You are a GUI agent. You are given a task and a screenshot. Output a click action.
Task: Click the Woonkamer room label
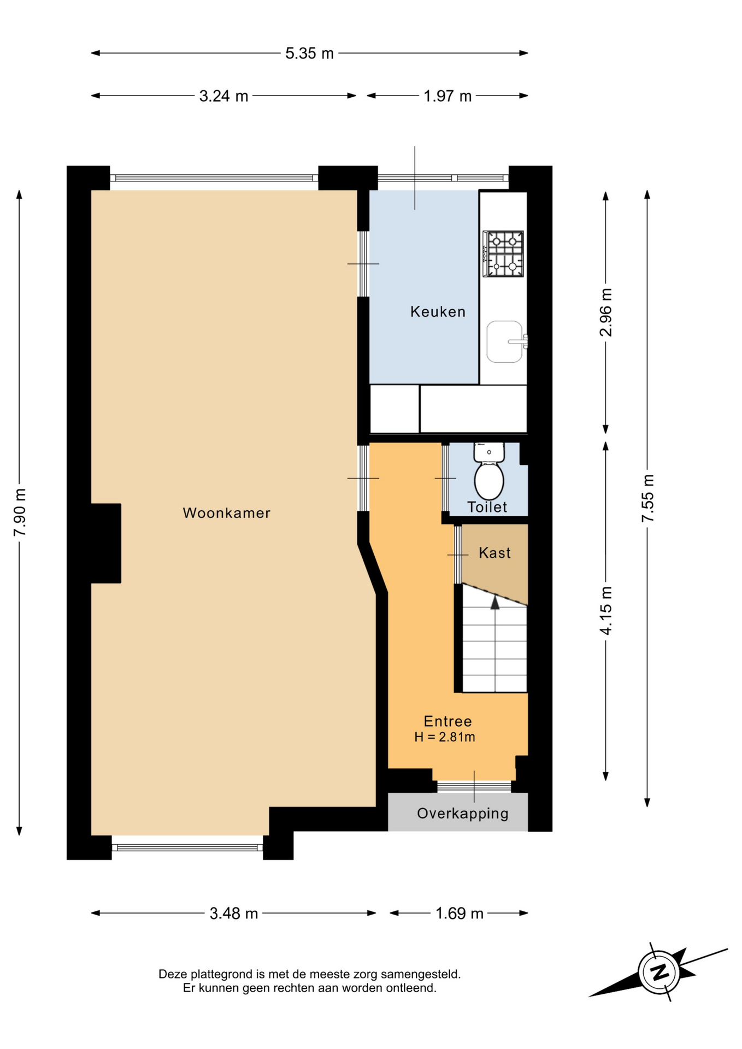(x=226, y=513)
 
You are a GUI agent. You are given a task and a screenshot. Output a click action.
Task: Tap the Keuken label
(x=438, y=311)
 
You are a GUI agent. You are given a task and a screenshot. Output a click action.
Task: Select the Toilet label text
(x=487, y=507)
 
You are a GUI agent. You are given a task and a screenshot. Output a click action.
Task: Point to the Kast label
(x=494, y=553)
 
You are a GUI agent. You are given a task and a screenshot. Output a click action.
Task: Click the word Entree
(x=447, y=721)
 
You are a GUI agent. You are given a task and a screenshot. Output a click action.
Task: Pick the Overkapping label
(x=463, y=814)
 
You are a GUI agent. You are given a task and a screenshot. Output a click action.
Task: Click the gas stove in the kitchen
(x=503, y=254)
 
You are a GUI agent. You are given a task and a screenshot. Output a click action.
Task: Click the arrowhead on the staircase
(x=495, y=603)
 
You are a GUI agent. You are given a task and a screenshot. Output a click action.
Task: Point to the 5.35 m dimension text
(x=309, y=54)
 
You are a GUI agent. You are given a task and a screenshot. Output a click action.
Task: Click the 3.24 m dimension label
(x=223, y=96)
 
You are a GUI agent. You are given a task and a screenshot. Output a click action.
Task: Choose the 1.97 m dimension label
(x=447, y=96)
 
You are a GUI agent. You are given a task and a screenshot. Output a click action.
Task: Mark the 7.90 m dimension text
(x=20, y=512)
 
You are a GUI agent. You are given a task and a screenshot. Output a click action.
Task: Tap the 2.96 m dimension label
(x=606, y=312)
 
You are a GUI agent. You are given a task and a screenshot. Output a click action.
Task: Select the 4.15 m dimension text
(x=606, y=610)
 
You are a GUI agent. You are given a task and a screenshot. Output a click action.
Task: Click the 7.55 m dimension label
(x=647, y=498)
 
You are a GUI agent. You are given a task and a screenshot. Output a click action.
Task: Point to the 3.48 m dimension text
(x=234, y=913)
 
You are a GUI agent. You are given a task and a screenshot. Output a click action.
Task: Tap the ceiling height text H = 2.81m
(x=445, y=737)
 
